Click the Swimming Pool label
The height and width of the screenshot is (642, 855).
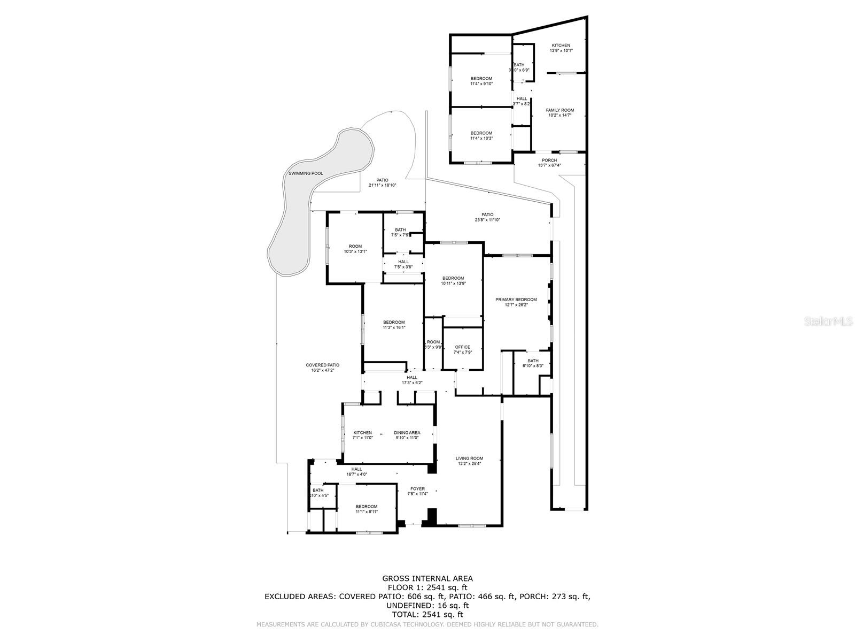coord(306,173)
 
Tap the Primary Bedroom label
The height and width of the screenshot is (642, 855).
coord(516,300)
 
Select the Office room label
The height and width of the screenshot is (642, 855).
coord(462,347)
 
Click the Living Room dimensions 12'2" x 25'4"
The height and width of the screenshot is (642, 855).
coord(469,464)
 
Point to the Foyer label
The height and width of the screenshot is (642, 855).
coord(417,488)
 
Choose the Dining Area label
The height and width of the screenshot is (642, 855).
coord(407,433)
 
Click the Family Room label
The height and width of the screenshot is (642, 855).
coord(559,110)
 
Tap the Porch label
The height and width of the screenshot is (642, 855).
coord(549,160)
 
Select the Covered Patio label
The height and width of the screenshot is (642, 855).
coord(322,365)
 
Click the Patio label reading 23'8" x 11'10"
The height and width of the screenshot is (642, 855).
coord(487,220)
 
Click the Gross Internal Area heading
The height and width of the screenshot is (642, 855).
coord(427,578)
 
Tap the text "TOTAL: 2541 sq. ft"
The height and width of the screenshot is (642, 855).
coord(427,615)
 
